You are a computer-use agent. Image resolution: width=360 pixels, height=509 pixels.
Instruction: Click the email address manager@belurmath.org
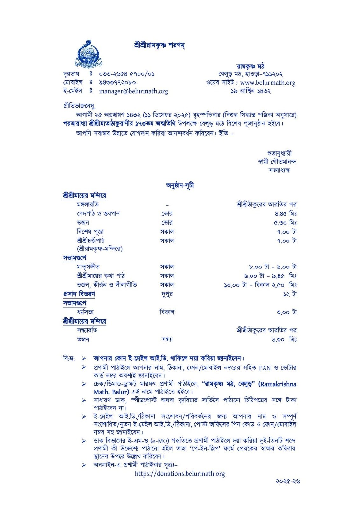coord(133,91)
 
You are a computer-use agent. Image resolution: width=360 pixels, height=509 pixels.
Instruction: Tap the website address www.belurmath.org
coord(268,83)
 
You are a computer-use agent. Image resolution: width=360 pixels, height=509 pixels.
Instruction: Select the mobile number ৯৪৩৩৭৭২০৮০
coord(117,83)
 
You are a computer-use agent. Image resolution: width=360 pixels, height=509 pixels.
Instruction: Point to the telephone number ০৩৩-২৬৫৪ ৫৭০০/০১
coord(127,74)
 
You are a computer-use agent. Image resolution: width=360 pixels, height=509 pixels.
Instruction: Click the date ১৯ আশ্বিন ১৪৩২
coord(251,91)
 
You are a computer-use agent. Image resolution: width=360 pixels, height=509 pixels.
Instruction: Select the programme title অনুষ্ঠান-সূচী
coord(180,185)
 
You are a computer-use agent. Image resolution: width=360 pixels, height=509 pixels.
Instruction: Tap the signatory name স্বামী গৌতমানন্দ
coord(277,162)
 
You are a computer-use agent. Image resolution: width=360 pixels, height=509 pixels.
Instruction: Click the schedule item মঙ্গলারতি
coord(88,204)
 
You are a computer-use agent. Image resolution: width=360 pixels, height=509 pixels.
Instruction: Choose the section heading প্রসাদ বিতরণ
coord(79,294)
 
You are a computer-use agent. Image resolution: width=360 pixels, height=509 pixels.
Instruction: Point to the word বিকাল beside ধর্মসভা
coord(167,312)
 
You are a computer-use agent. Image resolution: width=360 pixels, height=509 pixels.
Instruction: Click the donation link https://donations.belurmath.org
coord(180,474)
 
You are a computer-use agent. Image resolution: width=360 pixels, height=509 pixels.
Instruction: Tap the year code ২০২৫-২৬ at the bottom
coord(288,481)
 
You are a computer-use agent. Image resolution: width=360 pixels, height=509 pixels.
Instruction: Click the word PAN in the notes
coord(265,368)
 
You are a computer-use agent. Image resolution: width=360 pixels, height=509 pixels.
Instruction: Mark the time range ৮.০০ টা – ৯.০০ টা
coord(273,267)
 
